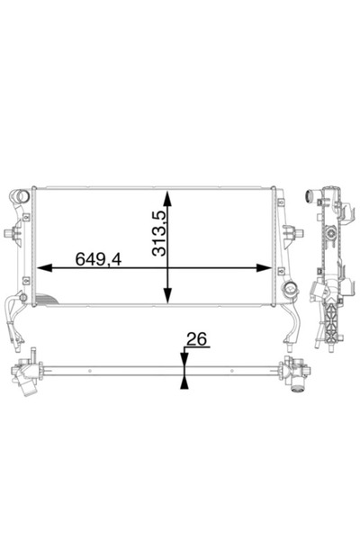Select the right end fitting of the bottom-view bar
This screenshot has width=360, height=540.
pyautogui.click(x=293, y=373)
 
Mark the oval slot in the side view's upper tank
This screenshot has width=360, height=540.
pyautogui.click(x=328, y=238)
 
